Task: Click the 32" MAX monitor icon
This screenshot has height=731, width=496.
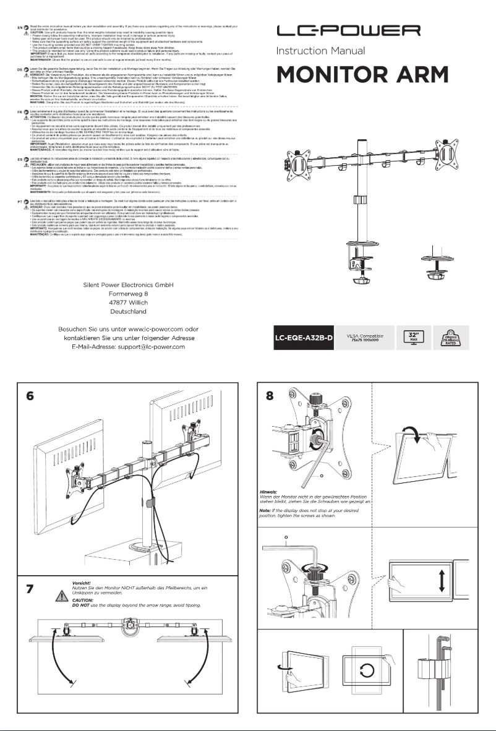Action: click(x=411, y=338)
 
